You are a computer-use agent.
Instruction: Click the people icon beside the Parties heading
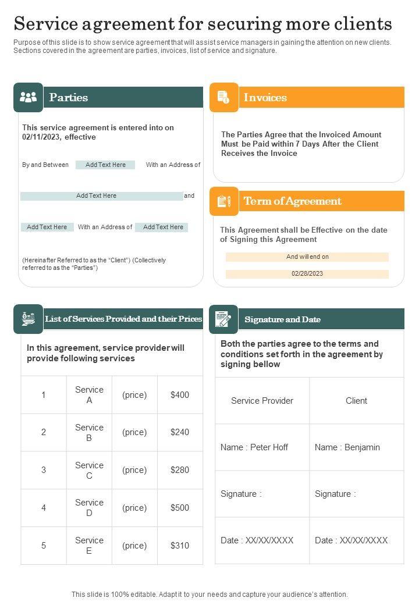tap(28, 97)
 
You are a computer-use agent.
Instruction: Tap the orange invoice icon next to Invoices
tap(223, 97)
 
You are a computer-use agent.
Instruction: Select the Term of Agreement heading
tap(292, 201)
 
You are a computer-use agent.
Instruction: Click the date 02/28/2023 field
tap(307, 273)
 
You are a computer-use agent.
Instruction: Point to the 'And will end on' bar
tap(307, 257)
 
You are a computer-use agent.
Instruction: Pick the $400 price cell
tap(180, 395)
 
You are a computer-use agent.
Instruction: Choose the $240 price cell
tap(180, 432)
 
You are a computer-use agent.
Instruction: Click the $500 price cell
tap(180, 508)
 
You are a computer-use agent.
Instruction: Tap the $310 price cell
tap(180, 546)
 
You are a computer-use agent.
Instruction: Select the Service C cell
tap(89, 470)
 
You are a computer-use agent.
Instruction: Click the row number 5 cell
tap(44, 546)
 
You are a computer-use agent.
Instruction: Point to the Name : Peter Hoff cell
tap(262, 447)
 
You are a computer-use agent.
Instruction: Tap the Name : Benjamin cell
tap(356, 447)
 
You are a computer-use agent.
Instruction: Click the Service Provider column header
tap(262, 401)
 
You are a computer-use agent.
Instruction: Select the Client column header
tap(356, 401)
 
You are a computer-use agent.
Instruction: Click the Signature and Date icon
tap(223, 319)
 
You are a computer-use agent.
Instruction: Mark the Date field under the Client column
tap(356, 540)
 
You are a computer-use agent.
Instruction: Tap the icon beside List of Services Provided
tap(28, 319)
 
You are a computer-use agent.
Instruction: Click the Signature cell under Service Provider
tap(262, 494)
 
